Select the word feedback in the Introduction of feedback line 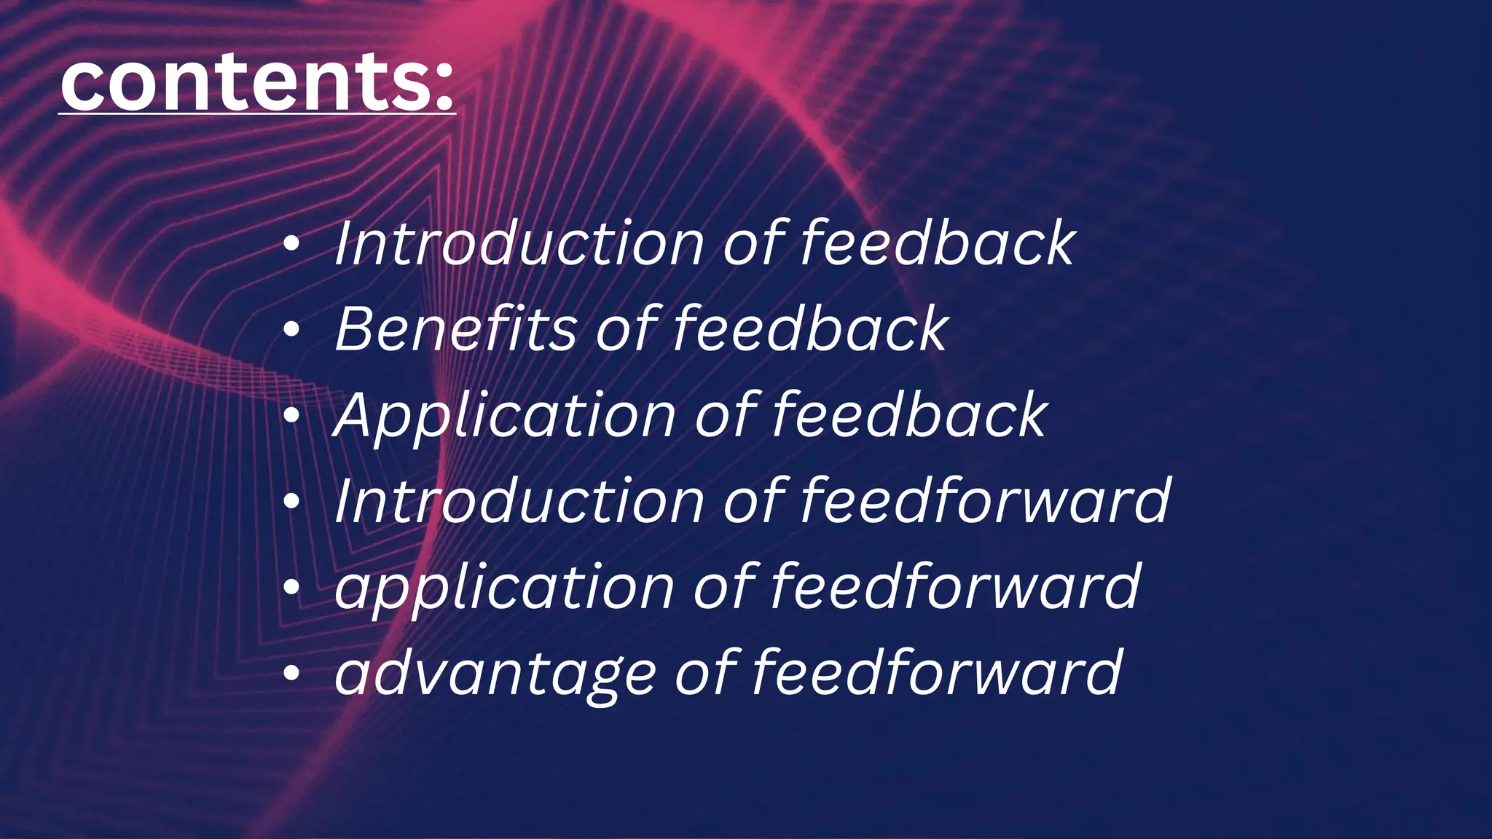(x=938, y=243)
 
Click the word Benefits (x=456, y=329)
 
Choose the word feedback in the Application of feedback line (x=909, y=415)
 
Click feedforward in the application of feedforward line (x=955, y=587)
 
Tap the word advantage (x=495, y=673)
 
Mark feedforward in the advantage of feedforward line (x=937, y=673)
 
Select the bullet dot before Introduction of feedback (x=291, y=245)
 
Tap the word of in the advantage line (x=706, y=673)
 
